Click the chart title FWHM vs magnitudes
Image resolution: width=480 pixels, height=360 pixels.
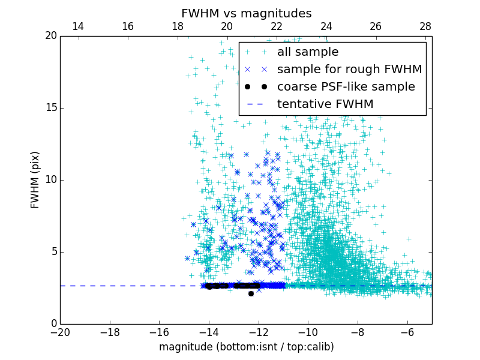[x=246, y=13]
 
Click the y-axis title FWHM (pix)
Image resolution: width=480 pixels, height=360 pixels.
[x=35, y=179]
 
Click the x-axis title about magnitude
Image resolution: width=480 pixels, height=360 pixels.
[x=246, y=347]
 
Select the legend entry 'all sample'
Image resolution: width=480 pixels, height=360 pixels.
[x=308, y=52]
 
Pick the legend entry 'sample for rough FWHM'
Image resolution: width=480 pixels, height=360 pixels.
[x=349, y=70]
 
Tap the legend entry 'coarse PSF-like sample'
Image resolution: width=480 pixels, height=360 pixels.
[x=346, y=87]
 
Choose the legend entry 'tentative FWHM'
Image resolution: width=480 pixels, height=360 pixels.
[x=325, y=104]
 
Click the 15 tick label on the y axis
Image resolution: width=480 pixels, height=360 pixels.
[x=50, y=108]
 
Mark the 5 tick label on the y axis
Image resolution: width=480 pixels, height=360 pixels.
[x=53, y=252]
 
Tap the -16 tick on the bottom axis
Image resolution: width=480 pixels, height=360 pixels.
[x=159, y=332]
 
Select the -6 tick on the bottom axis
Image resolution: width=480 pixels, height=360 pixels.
[x=407, y=332]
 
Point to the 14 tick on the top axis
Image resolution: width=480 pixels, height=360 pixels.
[x=77, y=26]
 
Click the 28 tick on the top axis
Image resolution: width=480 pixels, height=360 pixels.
[x=425, y=26]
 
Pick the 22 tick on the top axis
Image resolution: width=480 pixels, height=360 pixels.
[x=276, y=26]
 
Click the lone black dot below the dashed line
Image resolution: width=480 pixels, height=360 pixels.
[x=251, y=293]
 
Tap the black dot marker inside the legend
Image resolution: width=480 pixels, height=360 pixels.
[x=256, y=87]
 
